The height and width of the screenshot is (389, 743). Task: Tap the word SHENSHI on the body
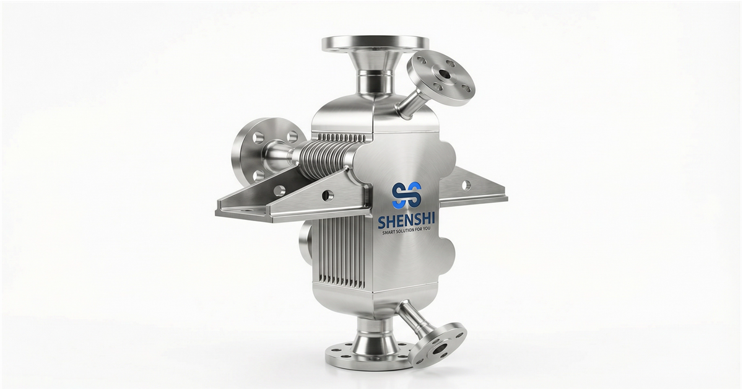tap(406, 221)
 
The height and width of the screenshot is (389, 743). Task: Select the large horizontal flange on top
tap(375, 43)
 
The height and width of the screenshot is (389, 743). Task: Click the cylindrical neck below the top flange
tap(374, 84)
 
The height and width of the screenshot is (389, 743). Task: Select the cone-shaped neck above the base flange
tap(368, 338)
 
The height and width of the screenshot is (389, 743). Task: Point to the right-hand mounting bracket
tap(474, 189)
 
